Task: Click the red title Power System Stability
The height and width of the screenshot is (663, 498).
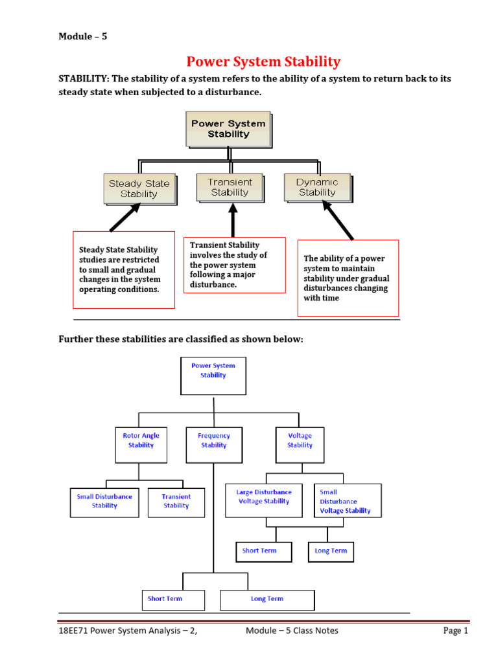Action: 263,62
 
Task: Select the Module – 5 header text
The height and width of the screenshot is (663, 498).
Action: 83,36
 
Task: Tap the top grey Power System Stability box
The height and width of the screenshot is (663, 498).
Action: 228,128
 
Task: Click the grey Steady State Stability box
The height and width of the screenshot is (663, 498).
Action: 139,188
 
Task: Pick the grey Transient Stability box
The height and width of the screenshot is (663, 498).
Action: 230,187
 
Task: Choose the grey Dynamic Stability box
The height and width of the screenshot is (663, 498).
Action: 317,187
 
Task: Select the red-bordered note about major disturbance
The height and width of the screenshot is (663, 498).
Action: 234,265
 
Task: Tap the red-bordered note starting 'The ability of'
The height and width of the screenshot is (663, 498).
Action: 348,278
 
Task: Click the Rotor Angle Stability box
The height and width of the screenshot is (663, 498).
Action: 141,444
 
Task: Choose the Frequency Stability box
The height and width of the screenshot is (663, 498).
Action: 214,444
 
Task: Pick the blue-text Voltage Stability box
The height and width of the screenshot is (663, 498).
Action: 300,444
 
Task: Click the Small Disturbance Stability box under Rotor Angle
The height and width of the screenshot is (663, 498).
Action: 104,501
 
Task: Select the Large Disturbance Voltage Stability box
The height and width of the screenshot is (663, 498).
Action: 264,500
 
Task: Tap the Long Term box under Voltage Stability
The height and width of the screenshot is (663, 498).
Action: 331,551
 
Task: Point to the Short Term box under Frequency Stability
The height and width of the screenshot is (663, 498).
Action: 165,600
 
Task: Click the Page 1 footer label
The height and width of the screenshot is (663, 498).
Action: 455,631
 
